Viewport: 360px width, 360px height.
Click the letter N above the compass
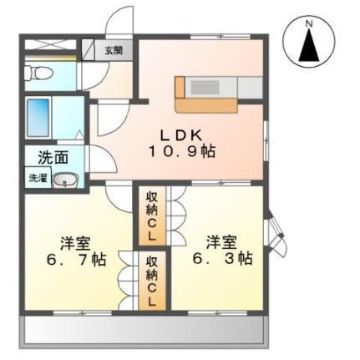pyautogui.click(x=308, y=23)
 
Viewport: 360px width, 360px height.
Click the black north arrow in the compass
pyautogui.click(x=308, y=46)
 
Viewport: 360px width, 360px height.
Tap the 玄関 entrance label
pyautogui.click(x=112, y=49)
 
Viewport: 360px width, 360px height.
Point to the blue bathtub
pyautogui.click(x=40, y=117)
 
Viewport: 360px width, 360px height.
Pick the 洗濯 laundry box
pyautogui.click(x=38, y=179)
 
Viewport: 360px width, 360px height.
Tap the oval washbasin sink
pyautogui.click(x=68, y=180)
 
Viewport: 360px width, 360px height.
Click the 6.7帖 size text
pyautogui.click(x=77, y=259)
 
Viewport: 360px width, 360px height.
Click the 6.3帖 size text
pyautogui.click(x=224, y=259)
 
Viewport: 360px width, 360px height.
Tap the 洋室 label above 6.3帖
pyautogui.click(x=222, y=242)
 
